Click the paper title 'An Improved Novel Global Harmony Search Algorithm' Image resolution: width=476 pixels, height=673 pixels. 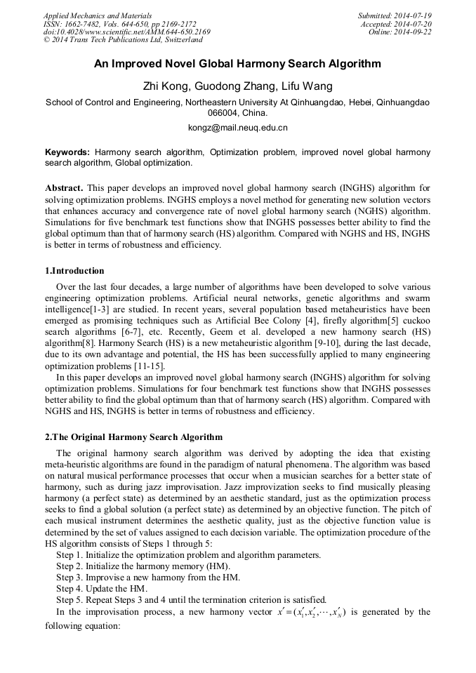coord(238,64)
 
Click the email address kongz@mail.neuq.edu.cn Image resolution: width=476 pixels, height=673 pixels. coord(238,128)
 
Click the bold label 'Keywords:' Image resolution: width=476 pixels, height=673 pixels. coord(67,152)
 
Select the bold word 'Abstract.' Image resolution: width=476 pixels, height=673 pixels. coord(65,189)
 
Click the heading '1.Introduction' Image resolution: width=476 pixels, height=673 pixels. coord(74,271)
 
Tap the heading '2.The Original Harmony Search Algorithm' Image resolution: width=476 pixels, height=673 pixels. coord(133,437)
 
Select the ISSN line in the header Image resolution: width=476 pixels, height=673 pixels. coord(119,23)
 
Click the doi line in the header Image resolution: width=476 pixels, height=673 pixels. coord(126,32)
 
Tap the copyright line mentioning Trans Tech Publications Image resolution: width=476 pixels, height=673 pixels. coord(123,40)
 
